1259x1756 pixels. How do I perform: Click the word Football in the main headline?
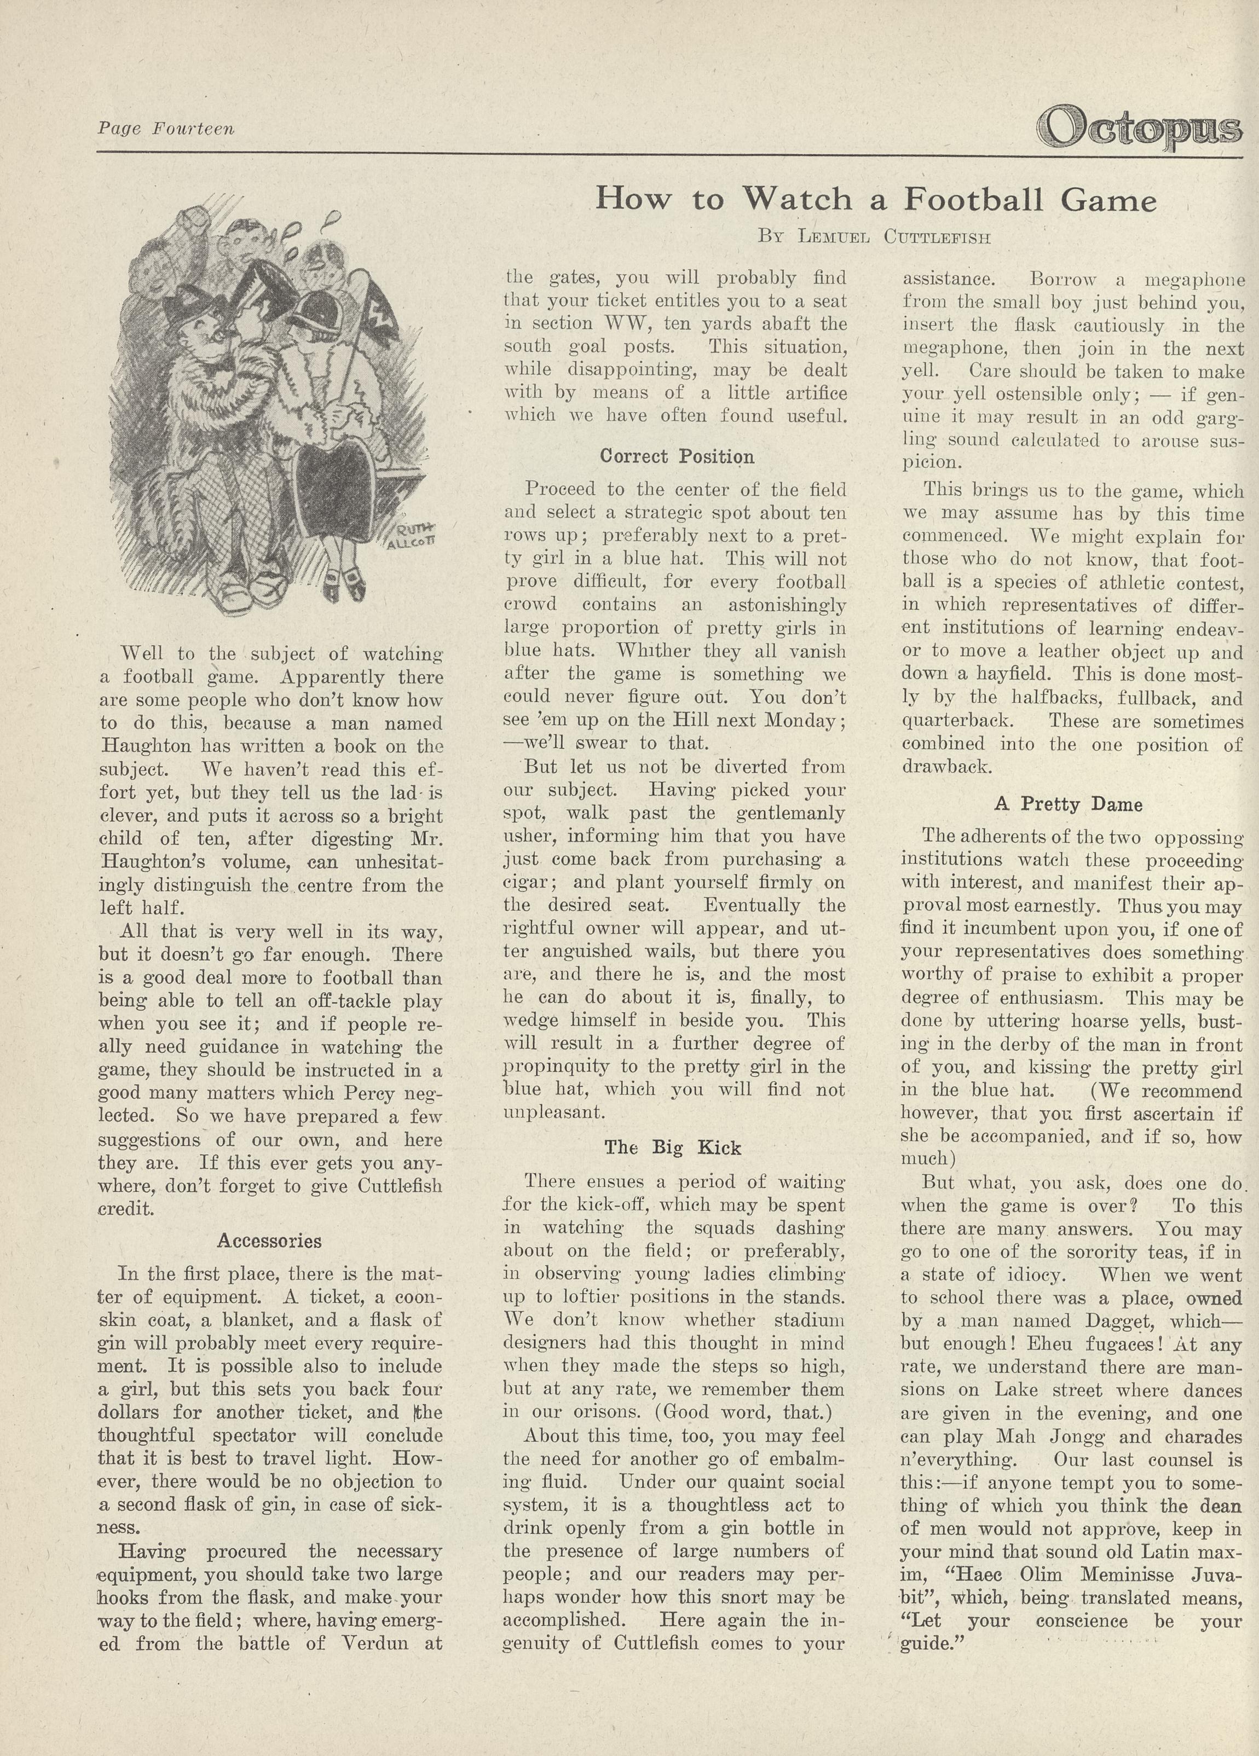point(973,200)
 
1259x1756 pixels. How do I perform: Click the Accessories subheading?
point(269,1241)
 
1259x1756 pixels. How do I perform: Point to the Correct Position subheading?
point(677,457)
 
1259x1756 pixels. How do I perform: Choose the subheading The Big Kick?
point(673,1148)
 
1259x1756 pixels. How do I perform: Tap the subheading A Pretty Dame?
point(1068,804)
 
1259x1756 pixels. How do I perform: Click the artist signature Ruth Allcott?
point(416,535)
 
